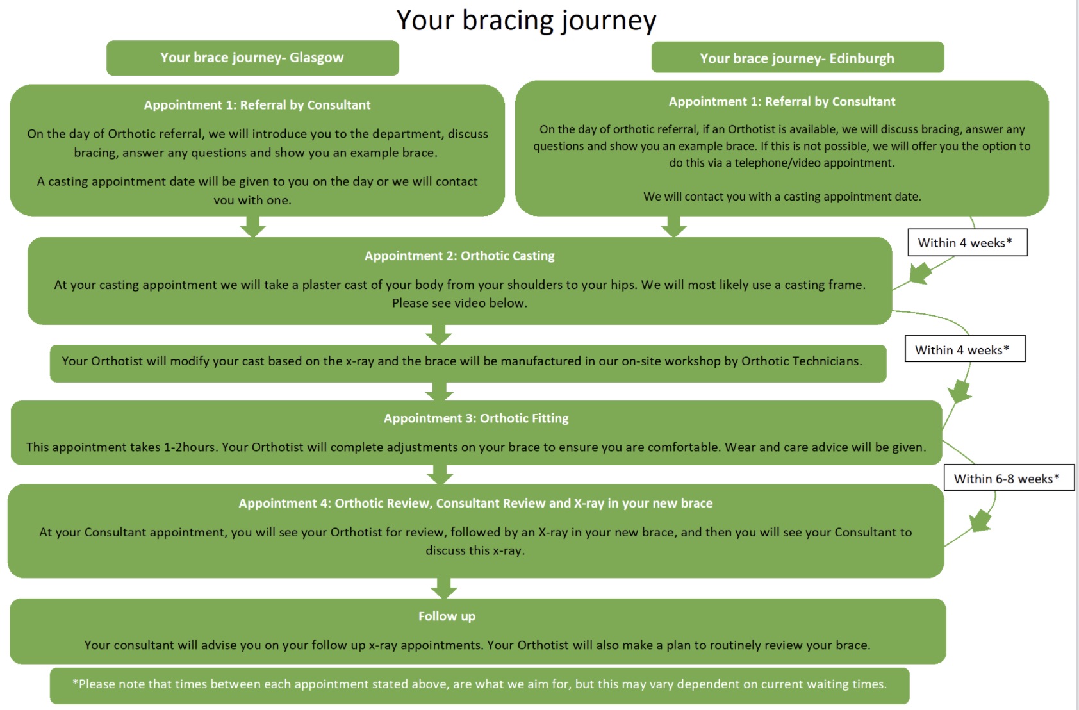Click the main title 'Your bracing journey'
pyautogui.click(x=526, y=21)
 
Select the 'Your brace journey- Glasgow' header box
pyautogui.click(x=252, y=58)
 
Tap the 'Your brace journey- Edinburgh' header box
pyautogui.click(x=797, y=58)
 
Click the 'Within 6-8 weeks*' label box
pyautogui.click(x=1009, y=478)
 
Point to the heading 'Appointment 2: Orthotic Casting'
pyautogui.click(x=459, y=256)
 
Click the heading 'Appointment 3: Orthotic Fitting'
pyautogui.click(x=476, y=418)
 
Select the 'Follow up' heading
pyautogui.click(x=447, y=616)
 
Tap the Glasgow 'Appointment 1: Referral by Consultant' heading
pyautogui.click(x=257, y=105)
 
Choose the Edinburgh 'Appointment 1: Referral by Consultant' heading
pyautogui.click(x=782, y=102)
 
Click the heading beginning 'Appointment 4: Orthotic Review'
pyautogui.click(x=475, y=503)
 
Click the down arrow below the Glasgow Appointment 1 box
pyautogui.click(x=253, y=226)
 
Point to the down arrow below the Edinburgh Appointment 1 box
pyautogui.click(x=673, y=226)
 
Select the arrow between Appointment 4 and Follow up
pyautogui.click(x=443, y=588)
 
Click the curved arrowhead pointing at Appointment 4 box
pyautogui.click(x=980, y=521)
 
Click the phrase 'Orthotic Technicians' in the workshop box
pyautogui.click(x=801, y=361)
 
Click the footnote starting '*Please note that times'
pyautogui.click(x=479, y=684)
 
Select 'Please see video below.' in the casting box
pyautogui.click(x=459, y=303)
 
